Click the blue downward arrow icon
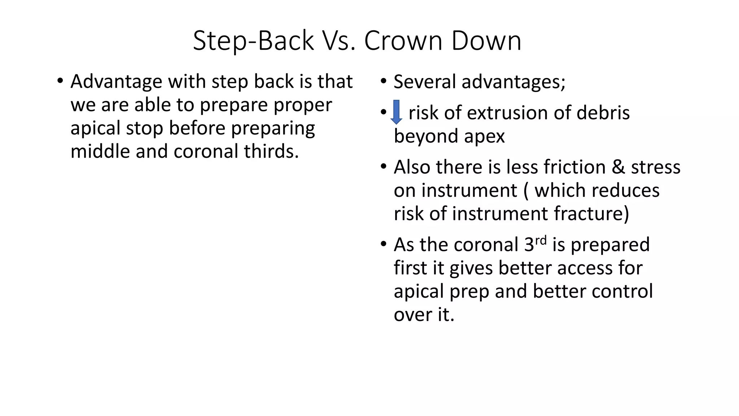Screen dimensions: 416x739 396,112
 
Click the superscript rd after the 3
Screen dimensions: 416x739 541,240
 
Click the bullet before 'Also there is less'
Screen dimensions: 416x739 384,167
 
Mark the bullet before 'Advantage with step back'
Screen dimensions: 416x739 60,81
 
